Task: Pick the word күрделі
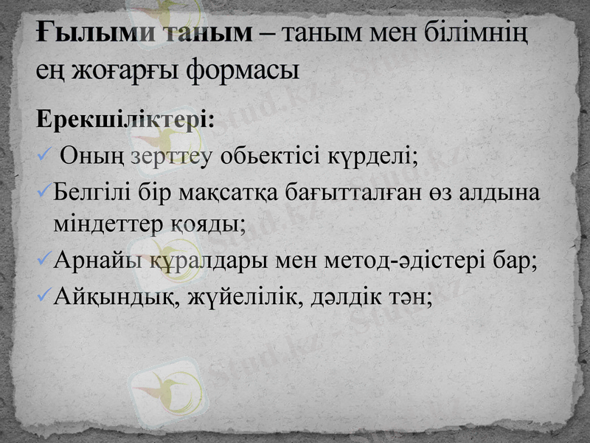tap(378, 156)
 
